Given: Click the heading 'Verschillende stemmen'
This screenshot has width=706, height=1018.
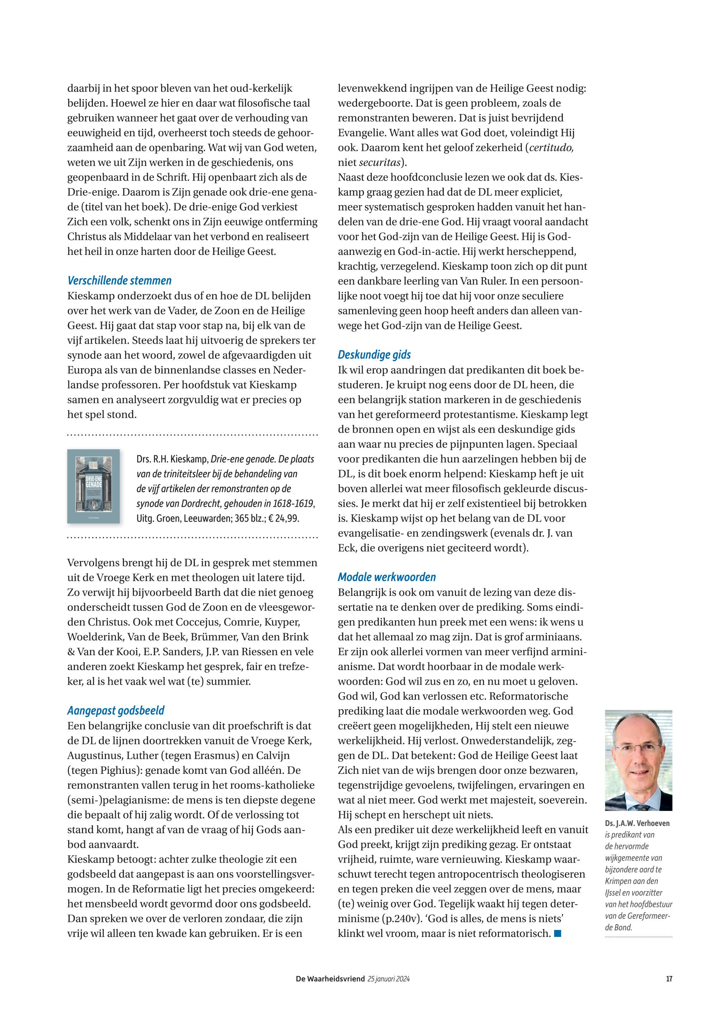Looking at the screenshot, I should point(119,281).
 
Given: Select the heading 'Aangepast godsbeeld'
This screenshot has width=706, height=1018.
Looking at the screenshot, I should point(116,711).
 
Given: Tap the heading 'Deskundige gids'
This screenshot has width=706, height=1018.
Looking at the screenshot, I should point(374,354).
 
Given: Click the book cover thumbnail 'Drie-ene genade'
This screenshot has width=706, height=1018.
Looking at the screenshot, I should point(93,486).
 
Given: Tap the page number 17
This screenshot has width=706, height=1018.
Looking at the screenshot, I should point(669,979).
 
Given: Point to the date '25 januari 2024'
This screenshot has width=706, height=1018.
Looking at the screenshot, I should point(388,979).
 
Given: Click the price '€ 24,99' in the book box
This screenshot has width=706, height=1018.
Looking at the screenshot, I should point(284,518).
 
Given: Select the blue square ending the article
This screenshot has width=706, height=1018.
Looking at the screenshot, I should point(558,933).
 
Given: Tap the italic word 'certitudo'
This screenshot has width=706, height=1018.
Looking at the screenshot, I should point(551,147).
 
